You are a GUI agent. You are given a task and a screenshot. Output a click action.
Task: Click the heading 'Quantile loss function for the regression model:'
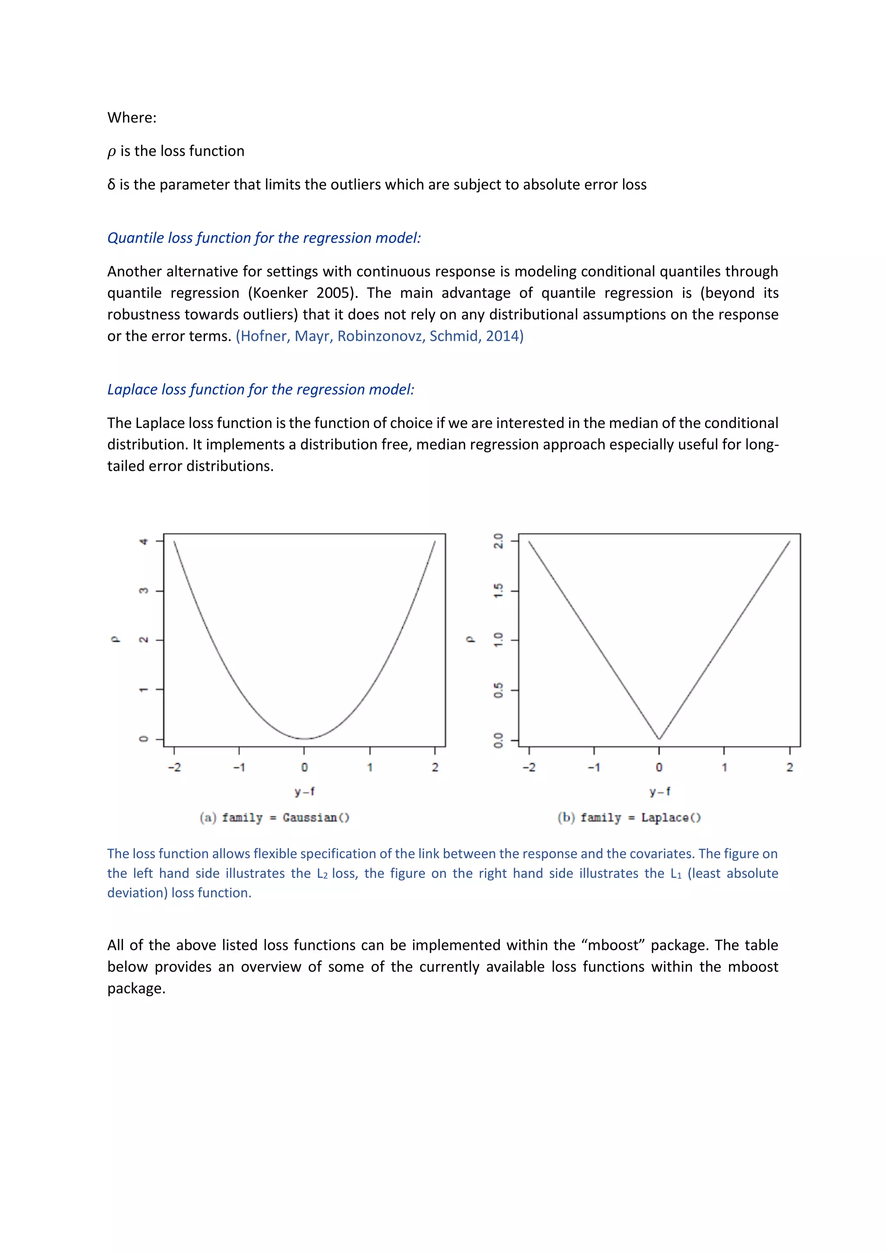(264, 238)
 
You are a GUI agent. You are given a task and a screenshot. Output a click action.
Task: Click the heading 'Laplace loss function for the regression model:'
(261, 390)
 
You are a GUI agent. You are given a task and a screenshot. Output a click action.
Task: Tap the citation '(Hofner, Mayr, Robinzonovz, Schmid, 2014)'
(379, 336)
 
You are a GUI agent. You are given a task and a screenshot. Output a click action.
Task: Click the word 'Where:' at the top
(132, 118)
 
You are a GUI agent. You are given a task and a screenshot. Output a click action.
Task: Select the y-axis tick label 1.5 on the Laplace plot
(498, 591)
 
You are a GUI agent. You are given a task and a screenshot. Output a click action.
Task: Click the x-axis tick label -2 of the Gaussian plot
(174, 768)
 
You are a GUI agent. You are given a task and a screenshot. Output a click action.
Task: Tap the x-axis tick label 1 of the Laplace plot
(724, 768)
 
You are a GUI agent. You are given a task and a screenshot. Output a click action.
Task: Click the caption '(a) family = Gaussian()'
(274, 818)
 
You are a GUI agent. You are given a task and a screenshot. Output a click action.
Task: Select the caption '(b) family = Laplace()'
(629, 818)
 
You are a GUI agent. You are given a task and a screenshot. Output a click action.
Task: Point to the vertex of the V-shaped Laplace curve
(659, 739)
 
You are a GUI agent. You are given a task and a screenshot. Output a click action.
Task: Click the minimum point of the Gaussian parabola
(305, 738)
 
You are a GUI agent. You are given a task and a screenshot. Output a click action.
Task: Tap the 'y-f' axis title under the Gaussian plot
(305, 791)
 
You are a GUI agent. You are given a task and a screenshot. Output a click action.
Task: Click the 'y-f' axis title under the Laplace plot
(659, 791)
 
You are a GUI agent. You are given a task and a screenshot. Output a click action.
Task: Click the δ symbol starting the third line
(111, 185)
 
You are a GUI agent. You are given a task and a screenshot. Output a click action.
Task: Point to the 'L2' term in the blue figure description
(322, 874)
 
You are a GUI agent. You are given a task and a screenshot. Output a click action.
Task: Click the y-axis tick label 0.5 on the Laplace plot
(498, 690)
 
